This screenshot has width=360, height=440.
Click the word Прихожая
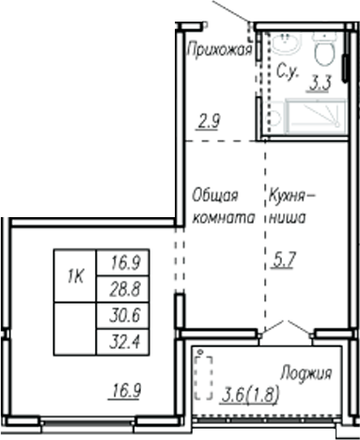pos(218,51)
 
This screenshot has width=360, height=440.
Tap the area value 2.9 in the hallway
pos(209,119)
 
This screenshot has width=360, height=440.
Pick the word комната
pos(223,215)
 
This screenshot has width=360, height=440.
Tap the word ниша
pos(286,215)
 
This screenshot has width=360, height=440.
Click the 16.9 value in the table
pos(123,262)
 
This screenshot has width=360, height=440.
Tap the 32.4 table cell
pos(123,339)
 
